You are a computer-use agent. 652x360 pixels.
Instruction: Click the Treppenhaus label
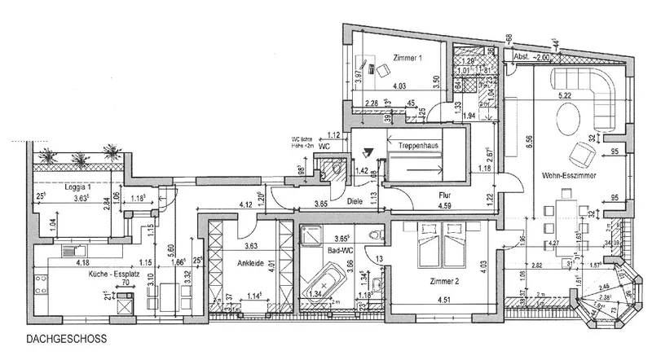click(x=419, y=144)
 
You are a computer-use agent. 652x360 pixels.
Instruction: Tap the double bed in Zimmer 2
click(x=438, y=245)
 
